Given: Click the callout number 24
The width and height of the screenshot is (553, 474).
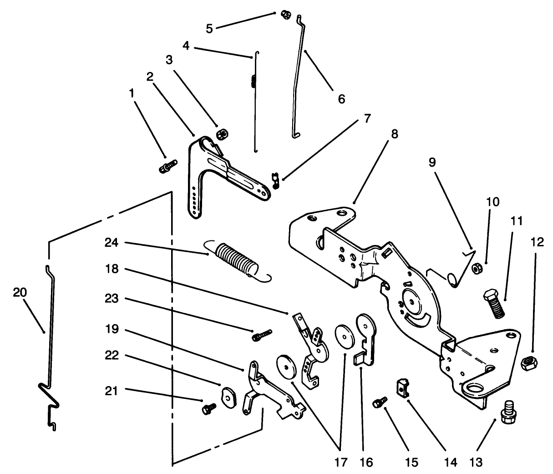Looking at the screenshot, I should [112, 243].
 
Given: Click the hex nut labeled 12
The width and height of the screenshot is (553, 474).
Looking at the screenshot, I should [529, 362].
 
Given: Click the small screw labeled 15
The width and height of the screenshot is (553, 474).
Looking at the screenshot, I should [379, 402].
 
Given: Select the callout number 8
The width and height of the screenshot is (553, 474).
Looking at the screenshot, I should [394, 134].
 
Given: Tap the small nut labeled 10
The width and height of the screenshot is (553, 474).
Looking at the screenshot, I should [477, 269].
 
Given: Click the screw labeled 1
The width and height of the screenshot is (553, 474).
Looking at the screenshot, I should [168, 166].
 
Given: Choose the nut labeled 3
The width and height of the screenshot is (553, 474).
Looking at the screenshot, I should [222, 134].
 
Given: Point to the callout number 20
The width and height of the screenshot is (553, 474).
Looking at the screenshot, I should [20, 292].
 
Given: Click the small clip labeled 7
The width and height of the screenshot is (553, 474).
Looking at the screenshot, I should [275, 179].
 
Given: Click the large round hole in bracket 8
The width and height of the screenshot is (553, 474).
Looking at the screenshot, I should [472, 388].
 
